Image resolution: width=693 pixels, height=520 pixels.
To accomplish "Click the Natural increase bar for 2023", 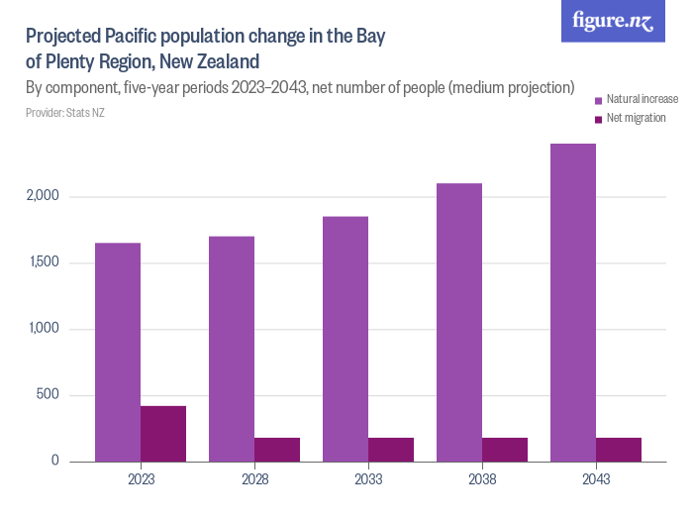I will pyautogui.click(x=118, y=352).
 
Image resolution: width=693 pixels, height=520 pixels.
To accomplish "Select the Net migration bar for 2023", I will pyautogui.click(x=163, y=434).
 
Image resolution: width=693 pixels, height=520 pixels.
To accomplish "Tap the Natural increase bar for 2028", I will pyautogui.click(x=232, y=349).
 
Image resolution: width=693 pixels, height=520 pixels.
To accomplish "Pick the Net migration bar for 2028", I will pyautogui.click(x=277, y=450).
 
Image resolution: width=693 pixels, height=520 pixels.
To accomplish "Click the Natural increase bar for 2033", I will pyautogui.click(x=346, y=339).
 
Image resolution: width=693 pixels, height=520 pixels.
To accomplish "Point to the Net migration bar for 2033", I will pyautogui.click(x=391, y=450).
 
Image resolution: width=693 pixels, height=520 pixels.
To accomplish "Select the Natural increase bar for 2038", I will pyautogui.click(x=459, y=322).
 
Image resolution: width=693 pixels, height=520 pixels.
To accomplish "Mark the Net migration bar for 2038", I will pyautogui.click(x=505, y=450).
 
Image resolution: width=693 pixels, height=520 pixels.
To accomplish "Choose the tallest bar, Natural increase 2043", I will pyautogui.click(x=573, y=302).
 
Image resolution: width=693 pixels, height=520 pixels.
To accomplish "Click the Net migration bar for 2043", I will pyautogui.click(x=619, y=450).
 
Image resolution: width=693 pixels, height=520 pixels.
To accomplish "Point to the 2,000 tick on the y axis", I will pyautogui.click(x=44, y=196).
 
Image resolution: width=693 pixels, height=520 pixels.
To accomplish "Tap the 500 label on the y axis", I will pyautogui.click(x=49, y=395).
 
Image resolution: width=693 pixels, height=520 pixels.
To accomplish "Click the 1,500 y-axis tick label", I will pyautogui.click(x=44, y=262).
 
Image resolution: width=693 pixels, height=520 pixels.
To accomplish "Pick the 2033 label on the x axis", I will pyautogui.click(x=368, y=479).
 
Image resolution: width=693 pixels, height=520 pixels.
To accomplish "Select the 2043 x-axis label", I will pyautogui.click(x=596, y=479).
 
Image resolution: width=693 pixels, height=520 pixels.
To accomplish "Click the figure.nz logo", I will pyautogui.click(x=613, y=21).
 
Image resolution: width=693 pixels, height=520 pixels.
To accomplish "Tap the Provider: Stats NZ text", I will pyautogui.click(x=65, y=113).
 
